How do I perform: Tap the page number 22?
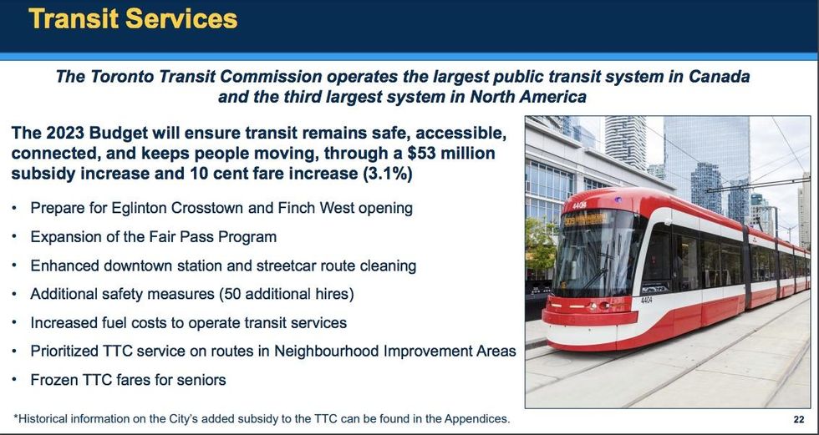[x=798, y=418]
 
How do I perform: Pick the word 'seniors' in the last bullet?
[x=198, y=380]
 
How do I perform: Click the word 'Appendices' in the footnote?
[x=474, y=417]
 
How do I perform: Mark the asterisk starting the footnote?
[x=15, y=417]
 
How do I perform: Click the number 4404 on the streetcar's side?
[x=647, y=299]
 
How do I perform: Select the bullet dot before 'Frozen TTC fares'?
[x=16, y=380]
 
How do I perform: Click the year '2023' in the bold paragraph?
[x=73, y=134]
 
